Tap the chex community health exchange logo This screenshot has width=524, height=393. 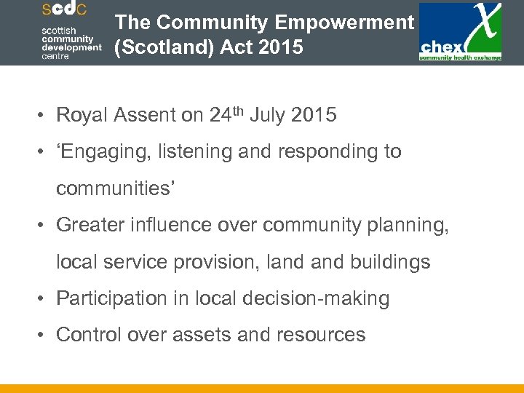pyautogui.click(x=460, y=33)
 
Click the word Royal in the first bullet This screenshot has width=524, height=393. pyautogui.click(x=78, y=115)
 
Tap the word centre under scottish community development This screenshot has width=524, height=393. pyautogui.click(x=55, y=56)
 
